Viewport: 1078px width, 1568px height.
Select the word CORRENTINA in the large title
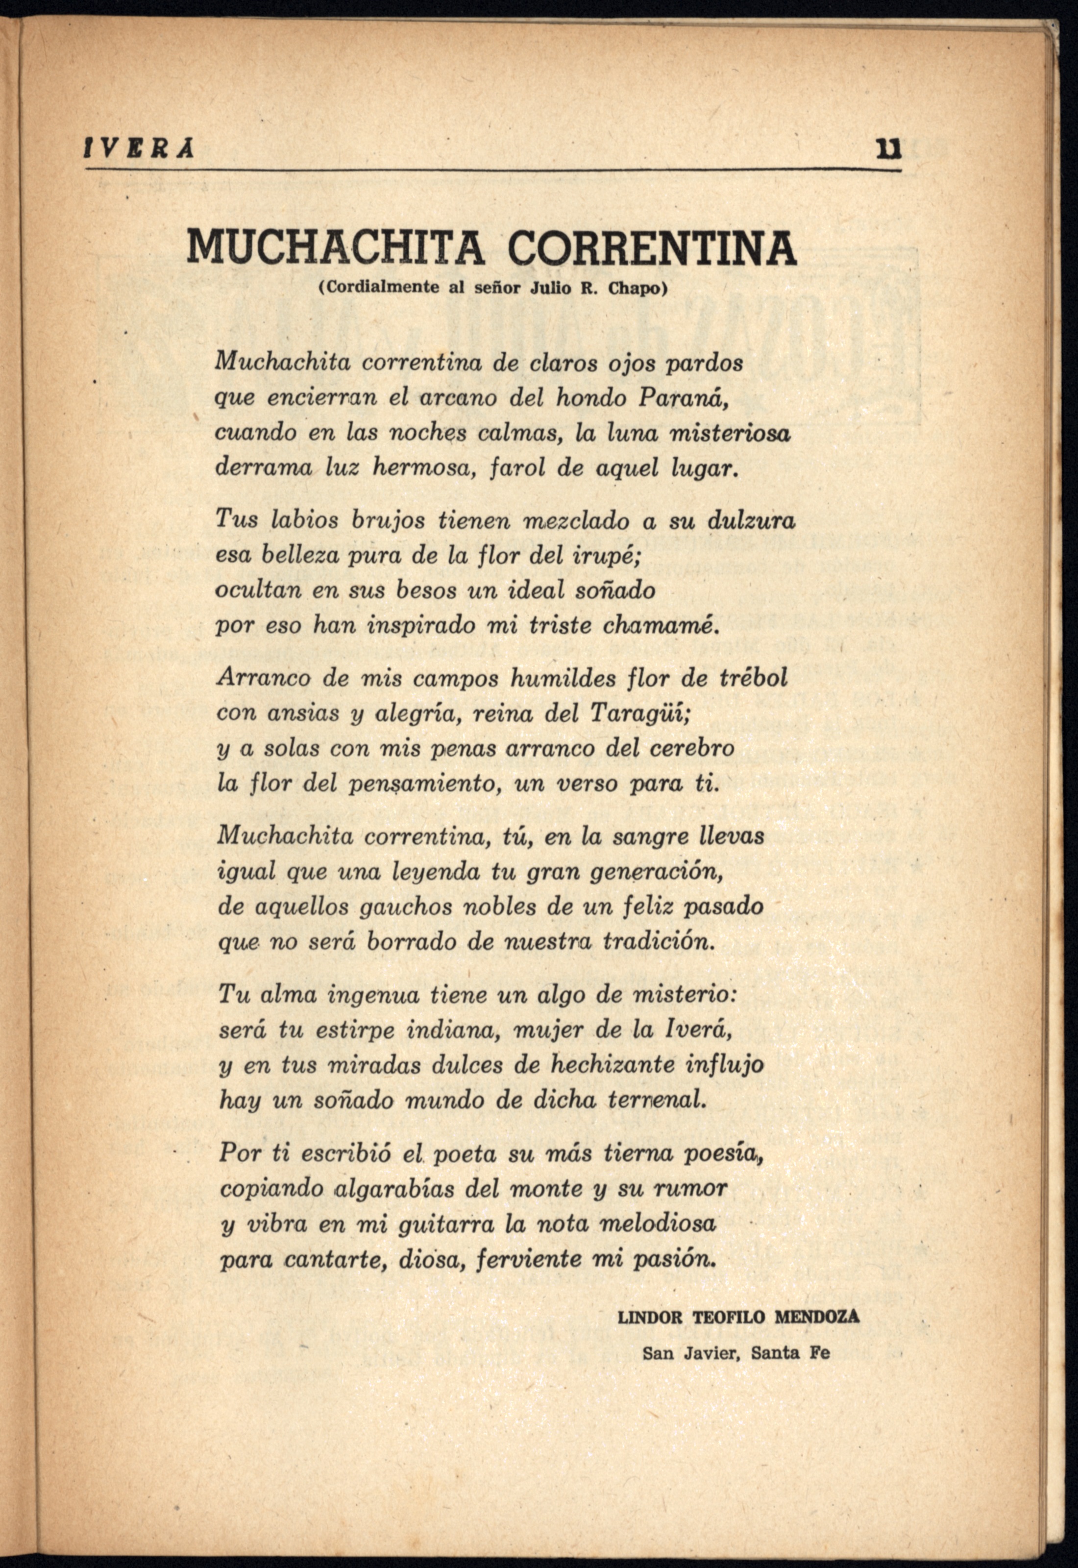tap(652, 248)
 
